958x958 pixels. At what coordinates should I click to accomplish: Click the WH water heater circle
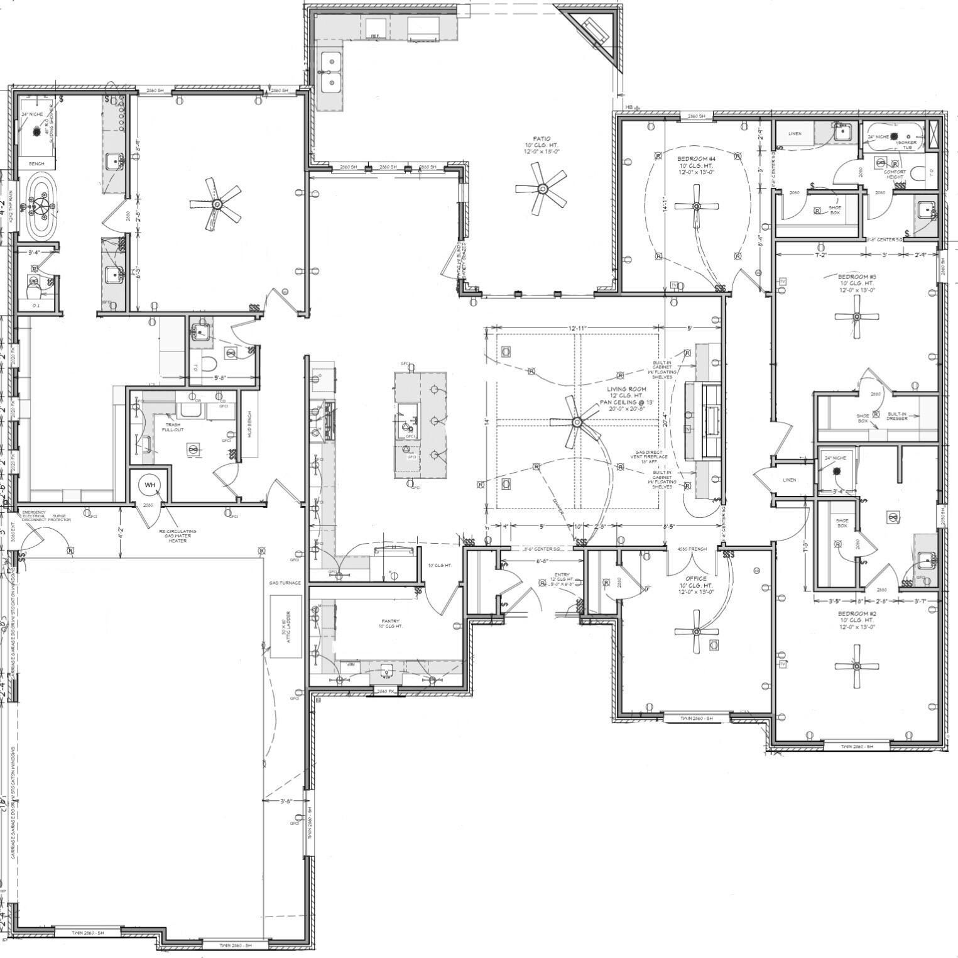[150, 485]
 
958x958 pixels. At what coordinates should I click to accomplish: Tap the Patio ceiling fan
[540, 188]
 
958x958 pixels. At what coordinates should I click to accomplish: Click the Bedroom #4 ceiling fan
[696, 206]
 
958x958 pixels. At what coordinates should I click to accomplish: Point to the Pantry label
[391, 623]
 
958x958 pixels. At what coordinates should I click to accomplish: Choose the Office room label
[696, 578]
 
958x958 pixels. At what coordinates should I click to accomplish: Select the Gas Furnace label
[285, 583]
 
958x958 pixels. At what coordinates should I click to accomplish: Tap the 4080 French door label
[692, 549]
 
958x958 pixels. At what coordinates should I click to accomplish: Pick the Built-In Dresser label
[896, 416]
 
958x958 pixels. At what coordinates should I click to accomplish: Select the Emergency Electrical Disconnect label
[34, 516]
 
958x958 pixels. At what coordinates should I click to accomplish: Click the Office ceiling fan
[696, 632]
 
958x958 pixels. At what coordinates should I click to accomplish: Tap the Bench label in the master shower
[36, 164]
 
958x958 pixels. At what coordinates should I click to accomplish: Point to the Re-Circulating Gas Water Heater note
[178, 535]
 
